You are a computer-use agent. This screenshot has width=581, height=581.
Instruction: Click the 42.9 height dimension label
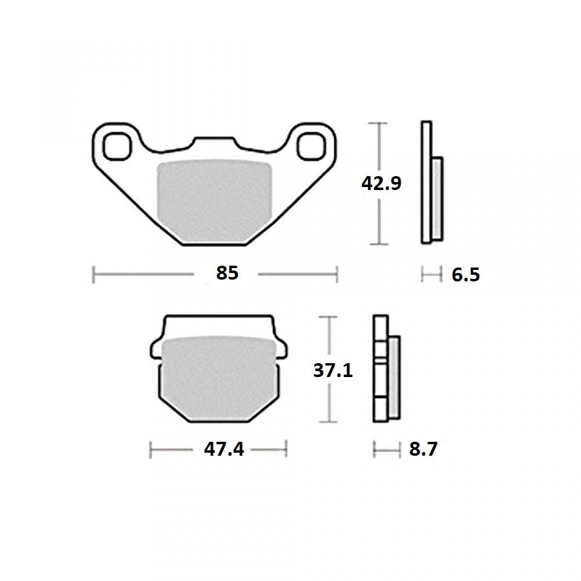pos(381,183)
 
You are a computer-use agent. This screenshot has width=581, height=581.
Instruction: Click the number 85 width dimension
pos(228,274)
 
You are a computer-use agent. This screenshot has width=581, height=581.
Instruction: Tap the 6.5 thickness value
pos(465,275)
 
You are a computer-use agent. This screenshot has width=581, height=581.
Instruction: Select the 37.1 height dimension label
pos(333,369)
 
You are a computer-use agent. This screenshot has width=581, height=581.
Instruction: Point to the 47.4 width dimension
pos(224,450)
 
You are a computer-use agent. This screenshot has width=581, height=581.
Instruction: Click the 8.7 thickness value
pos(423,450)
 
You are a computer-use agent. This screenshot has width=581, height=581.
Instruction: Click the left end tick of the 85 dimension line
pos(93,274)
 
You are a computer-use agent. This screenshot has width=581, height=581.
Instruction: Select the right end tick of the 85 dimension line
pos(336,274)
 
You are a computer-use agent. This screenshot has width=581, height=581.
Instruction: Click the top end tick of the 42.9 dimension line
pos(378,123)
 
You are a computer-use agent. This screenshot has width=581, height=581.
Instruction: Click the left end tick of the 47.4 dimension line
pos(151,450)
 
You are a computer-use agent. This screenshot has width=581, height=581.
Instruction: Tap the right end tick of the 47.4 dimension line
pos(286,450)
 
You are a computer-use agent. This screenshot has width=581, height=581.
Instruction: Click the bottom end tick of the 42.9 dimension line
pos(378,245)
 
